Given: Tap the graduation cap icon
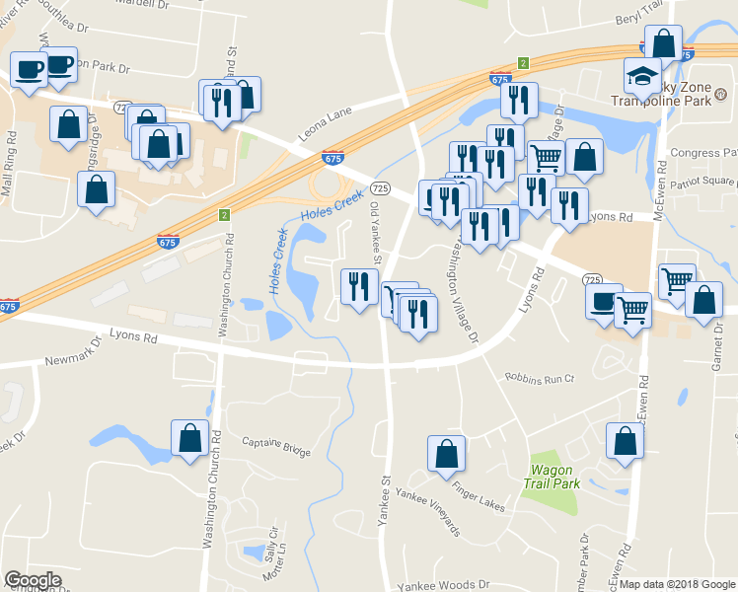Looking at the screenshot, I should [642, 75].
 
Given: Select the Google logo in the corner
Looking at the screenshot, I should [34, 580].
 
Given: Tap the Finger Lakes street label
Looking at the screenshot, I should [479, 497].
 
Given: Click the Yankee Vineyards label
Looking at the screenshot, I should [427, 512].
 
